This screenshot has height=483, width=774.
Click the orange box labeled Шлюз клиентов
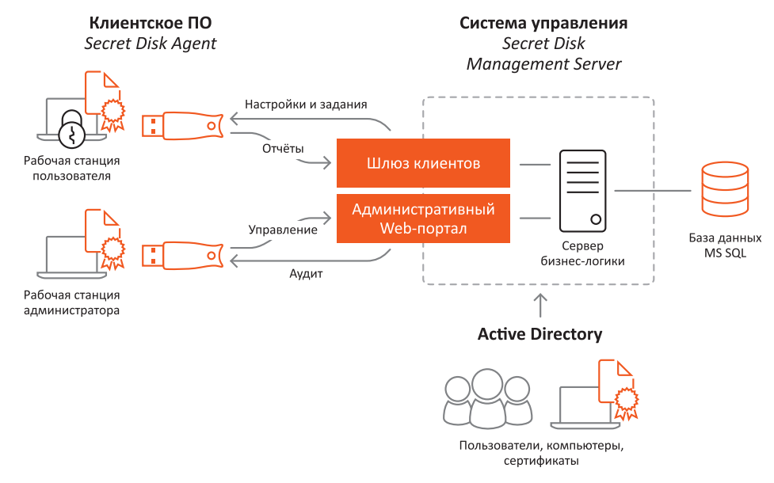pyautogui.click(x=423, y=164)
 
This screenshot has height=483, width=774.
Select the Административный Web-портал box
pyautogui.click(x=423, y=219)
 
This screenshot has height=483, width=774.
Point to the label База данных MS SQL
pyautogui.click(x=725, y=245)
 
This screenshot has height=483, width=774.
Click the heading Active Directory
pyautogui.click(x=540, y=334)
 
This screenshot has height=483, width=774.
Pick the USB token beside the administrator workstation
pyautogui.click(x=181, y=257)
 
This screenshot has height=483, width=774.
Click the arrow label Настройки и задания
pyautogui.click(x=306, y=105)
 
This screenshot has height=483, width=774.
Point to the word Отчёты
pyautogui.click(x=283, y=148)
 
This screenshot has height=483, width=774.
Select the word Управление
pyautogui.click(x=283, y=230)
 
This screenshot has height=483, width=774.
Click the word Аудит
pyautogui.click(x=305, y=274)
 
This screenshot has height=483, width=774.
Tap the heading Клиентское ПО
pyautogui.click(x=151, y=23)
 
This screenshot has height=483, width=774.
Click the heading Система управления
pyautogui.click(x=543, y=23)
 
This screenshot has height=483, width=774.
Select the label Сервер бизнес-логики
pyautogui.click(x=582, y=253)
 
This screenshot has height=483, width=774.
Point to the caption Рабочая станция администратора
pyautogui.click(x=72, y=302)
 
